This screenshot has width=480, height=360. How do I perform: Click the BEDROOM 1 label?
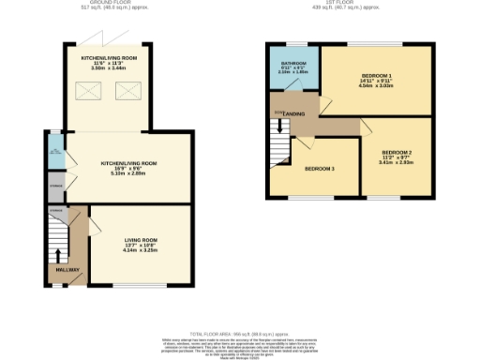pos(377,75)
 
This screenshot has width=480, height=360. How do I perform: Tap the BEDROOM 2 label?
pos(397,152)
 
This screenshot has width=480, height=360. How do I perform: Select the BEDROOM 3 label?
pos(320,168)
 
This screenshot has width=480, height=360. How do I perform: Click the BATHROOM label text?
pos(293,63)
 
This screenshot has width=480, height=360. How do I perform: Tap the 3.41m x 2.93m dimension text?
pos(397,162)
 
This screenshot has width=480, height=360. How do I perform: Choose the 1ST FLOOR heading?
pos(348,3)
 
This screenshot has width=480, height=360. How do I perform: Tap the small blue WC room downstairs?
pos(54,157)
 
